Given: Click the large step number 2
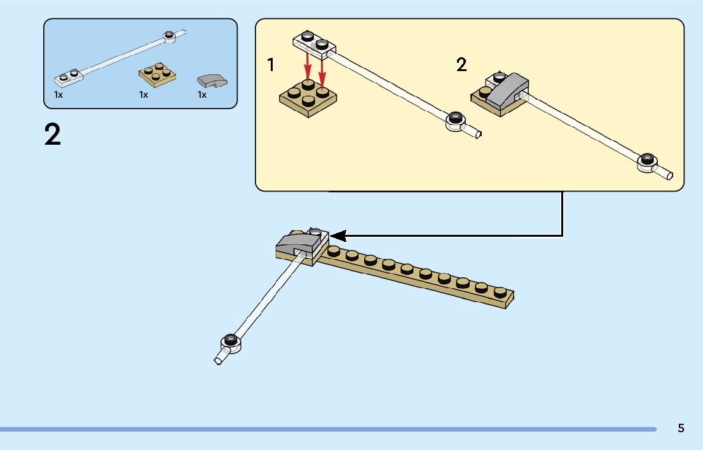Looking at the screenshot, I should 53,135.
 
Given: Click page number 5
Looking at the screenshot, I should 681,428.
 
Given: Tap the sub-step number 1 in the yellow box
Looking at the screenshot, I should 271,64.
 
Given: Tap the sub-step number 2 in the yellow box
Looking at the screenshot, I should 461,64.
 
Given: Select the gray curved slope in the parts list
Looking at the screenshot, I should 212,81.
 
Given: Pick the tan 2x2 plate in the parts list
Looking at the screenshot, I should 157,75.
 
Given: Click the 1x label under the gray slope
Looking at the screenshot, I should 202,95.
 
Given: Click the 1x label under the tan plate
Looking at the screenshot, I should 144,95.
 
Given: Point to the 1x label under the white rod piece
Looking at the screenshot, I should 58,95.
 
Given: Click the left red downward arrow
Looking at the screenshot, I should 308,63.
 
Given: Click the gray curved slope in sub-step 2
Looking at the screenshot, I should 506,89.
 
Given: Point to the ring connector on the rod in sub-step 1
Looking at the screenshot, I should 455,120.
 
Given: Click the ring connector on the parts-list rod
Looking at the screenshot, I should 170,36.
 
